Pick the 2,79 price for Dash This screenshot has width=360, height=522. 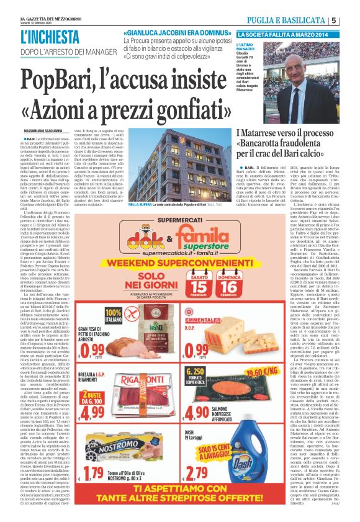coord(196,475)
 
